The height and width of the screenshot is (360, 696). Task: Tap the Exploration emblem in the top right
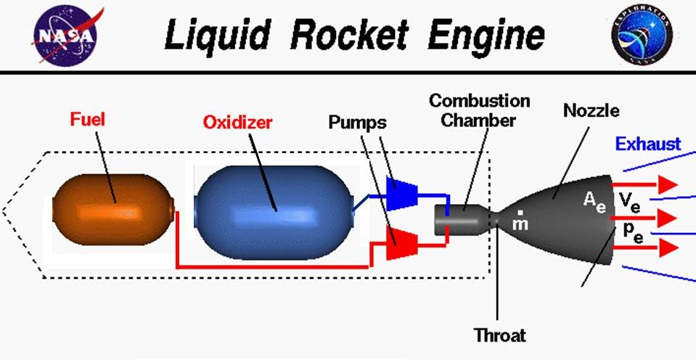(x=642, y=35)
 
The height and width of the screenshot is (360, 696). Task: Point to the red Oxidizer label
(x=238, y=123)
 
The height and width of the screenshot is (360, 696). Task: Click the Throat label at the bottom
(x=499, y=335)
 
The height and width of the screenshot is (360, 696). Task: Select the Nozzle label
(x=591, y=110)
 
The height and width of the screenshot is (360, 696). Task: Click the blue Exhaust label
(x=648, y=144)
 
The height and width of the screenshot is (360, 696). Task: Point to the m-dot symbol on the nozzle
(x=520, y=221)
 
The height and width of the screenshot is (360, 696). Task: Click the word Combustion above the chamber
(x=479, y=100)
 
